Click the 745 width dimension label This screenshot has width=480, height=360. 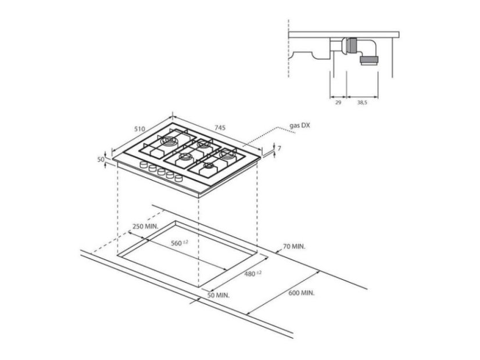click(x=220, y=128)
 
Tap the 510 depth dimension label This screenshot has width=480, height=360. click(x=139, y=129)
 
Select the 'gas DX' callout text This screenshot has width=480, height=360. click(x=300, y=125)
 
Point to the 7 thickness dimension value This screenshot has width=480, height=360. click(x=279, y=149)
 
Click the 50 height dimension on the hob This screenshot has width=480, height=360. click(x=101, y=159)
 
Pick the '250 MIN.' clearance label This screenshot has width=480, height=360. click(x=145, y=226)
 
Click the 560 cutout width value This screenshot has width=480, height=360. click(x=176, y=243)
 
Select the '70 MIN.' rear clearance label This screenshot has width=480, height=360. click(x=294, y=246)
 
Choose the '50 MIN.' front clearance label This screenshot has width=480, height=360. click(x=218, y=296)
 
